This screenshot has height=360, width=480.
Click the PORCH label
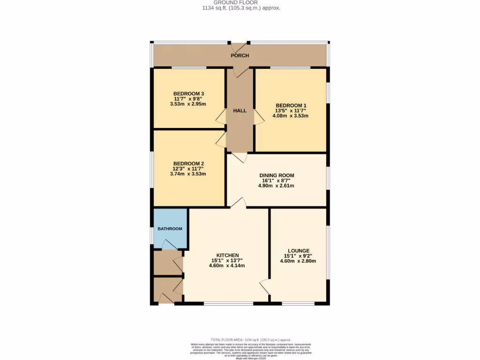[240, 56]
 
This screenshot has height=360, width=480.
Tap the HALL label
[240, 111]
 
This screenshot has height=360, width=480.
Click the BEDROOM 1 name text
[291, 105]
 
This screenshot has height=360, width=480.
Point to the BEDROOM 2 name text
[188, 163]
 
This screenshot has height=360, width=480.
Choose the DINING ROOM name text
[277, 175]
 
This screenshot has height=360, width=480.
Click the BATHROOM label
[170, 229]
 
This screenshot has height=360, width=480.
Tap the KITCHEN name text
[227, 255]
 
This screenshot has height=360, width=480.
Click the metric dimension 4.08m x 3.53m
[291, 115]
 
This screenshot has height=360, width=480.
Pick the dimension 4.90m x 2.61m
[277, 186]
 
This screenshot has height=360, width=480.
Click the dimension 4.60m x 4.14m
[227, 266]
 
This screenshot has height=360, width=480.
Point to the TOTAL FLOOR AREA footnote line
[251, 340]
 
